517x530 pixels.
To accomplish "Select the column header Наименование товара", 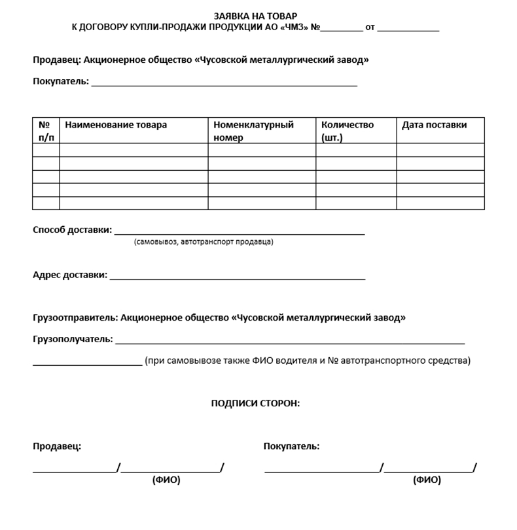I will pyautogui.click(x=116, y=125).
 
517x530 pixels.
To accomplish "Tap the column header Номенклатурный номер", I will pyautogui.click(x=254, y=131).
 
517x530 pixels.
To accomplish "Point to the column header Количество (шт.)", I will pyautogui.click(x=348, y=131).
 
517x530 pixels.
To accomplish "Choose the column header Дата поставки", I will pyautogui.click(x=435, y=125).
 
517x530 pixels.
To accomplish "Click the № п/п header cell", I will pyautogui.click(x=45, y=131).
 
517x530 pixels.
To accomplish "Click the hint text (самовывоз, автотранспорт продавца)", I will pyautogui.click(x=204, y=242).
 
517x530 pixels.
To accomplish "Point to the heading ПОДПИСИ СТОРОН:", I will pyautogui.click(x=255, y=404).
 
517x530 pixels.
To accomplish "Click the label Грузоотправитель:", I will pyautogui.click(x=75, y=318).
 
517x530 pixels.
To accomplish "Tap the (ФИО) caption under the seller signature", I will pyautogui.click(x=166, y=480).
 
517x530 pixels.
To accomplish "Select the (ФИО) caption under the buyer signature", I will pyautogui.click(x=427, y=480).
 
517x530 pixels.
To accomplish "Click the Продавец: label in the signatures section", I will pyautogui.click(x=57, y=446).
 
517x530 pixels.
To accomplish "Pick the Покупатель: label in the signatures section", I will pyautogui.click(x=291, y=446).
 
